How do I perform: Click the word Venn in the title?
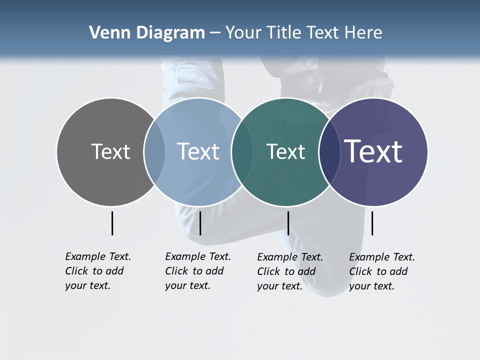coord(108,33)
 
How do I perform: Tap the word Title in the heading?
coord(284,33)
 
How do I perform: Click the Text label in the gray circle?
coord(110,151)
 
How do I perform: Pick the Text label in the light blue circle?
coord(198,151)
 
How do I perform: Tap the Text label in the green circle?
coord(285,151)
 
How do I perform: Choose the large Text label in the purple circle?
coord(373,151)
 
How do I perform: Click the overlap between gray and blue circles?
coord(154,151)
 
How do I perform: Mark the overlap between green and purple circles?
coord(329,151)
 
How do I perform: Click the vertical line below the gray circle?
coord(112,223)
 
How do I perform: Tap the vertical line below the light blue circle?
coord(200,223)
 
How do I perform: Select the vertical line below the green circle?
coord(288,223)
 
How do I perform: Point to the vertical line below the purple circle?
coord(372,223)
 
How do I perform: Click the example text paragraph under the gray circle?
coord(97,271)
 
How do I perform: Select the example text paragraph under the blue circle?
coord(197,271)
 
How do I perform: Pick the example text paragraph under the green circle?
coord(289,271)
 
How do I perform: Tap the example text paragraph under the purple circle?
coord(381,271)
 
